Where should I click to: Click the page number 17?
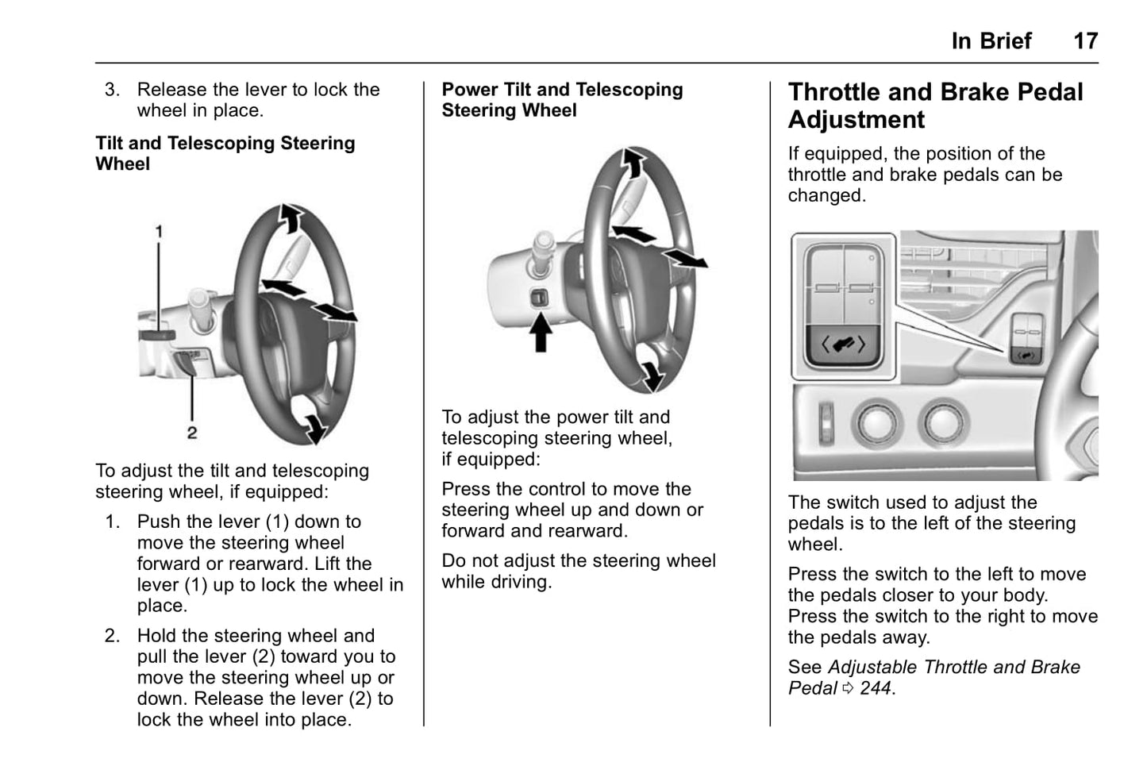[x=1085, y=40]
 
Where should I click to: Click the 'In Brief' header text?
[x=991, y=40]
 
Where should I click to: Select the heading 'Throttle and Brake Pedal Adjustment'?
[x=935, y=106]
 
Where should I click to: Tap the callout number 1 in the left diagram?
[x=159, y=232]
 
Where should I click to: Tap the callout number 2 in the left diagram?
[x=192, y=433]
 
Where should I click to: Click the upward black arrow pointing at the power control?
[x=541, y=333]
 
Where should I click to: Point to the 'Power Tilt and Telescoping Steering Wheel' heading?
[x=562, y=100]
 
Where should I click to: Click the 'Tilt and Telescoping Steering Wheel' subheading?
[x=225, y=153]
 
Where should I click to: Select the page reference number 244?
[x=876, y=688]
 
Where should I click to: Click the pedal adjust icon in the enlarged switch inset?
[x=843, y=345]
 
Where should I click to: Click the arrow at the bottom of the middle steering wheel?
[x=652, y=375]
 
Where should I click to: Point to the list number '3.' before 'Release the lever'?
[x=113, y=90]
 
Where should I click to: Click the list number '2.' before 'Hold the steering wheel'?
[x=113, y=636]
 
